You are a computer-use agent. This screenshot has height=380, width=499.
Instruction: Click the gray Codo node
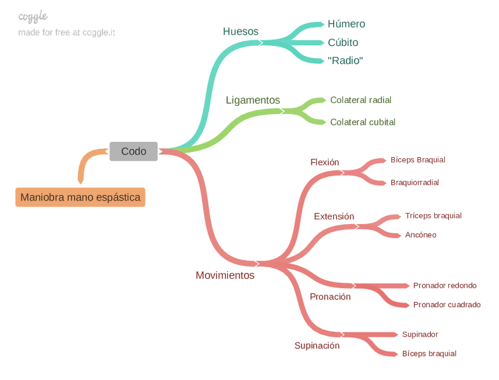134,151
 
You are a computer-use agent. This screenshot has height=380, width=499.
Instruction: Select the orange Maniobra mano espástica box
80,197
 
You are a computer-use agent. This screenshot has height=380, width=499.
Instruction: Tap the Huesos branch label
240,32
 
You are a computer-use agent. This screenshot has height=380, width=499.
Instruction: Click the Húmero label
346,24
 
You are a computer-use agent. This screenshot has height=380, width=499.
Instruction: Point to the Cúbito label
342,42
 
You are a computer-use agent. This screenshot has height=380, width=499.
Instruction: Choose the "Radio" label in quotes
345,61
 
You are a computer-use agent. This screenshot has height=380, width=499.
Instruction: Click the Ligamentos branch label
252,101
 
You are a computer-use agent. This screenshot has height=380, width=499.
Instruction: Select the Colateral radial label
360,100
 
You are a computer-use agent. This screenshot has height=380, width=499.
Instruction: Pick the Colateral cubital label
362,122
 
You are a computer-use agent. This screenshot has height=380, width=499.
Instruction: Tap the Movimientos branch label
225,275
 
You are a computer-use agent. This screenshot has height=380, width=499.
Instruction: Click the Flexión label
324,162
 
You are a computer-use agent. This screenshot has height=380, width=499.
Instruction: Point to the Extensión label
334,216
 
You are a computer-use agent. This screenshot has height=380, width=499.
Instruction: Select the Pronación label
330,297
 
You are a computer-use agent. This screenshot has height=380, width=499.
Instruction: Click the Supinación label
317,346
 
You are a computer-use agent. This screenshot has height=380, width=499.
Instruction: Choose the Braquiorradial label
414,182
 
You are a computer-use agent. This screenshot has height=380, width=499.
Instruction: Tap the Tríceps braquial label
433,216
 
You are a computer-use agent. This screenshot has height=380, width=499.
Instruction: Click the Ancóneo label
420,235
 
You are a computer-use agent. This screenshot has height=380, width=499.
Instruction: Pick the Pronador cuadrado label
447,305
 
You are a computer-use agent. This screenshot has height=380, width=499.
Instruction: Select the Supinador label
420,335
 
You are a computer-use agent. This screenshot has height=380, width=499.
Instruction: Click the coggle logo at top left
33,17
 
